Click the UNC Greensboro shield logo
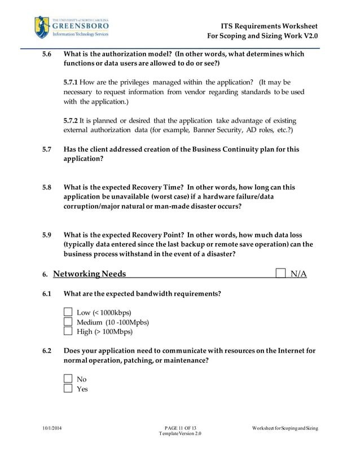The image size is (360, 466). tap(42, 27)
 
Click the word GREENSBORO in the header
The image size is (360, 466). tap(80, 25)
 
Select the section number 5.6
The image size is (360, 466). tap(47, 54)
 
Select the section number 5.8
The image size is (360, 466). tap(47, 187)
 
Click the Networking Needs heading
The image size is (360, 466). tap(89, 274)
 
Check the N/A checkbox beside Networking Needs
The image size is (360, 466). tap(280, 274)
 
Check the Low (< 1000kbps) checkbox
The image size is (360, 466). tap(68, 312)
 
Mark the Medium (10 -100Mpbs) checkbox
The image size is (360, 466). tap(68, 322)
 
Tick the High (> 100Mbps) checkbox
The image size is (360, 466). tap(68, 331)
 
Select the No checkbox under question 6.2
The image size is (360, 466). tap(68, 379)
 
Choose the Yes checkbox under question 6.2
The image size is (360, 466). tap(68, 388)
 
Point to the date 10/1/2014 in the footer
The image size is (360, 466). tap(52, 428)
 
